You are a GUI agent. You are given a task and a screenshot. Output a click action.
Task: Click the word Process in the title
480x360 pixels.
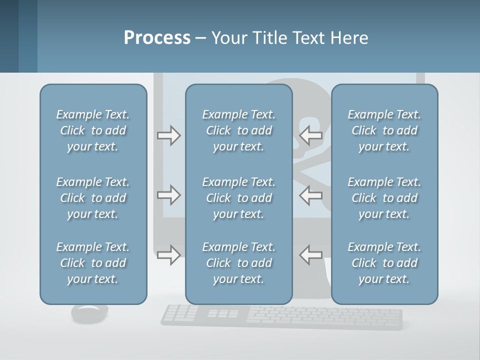coord(157,38)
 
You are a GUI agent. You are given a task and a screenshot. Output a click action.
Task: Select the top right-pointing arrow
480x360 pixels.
coord(168,135)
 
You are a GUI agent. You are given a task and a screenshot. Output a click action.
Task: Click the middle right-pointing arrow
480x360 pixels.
coord(168,195)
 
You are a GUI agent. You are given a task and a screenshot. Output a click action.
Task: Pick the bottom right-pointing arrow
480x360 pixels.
coord(168,255)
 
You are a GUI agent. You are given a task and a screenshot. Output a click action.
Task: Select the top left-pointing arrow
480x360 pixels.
coord(311,135)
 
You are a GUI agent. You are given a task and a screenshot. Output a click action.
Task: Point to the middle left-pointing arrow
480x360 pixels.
coord(311,195)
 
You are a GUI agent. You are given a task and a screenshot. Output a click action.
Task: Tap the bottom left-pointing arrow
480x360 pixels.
coord(311,255)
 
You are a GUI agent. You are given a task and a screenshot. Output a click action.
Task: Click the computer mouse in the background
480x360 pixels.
coord(89,313)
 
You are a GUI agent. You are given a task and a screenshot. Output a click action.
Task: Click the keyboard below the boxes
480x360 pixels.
coord(281,317)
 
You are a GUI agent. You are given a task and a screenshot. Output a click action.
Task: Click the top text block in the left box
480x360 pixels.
coord(93,130)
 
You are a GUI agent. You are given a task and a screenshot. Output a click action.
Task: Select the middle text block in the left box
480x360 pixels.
coord(93,198)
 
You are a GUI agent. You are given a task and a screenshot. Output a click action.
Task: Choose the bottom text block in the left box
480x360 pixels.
coord(93,263)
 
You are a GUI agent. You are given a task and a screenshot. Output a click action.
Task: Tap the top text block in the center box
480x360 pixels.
coord(238,130)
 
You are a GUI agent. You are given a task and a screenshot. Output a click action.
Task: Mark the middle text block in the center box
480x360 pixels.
coord(238,198)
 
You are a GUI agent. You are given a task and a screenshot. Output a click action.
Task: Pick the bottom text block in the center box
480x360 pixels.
coord(238,263)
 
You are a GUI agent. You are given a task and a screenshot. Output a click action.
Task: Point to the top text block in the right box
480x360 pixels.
coord(384,130)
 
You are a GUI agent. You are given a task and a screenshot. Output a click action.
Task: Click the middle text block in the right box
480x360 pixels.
coord(384,198)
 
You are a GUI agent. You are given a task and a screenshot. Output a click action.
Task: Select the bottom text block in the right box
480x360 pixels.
coord(384,263)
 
